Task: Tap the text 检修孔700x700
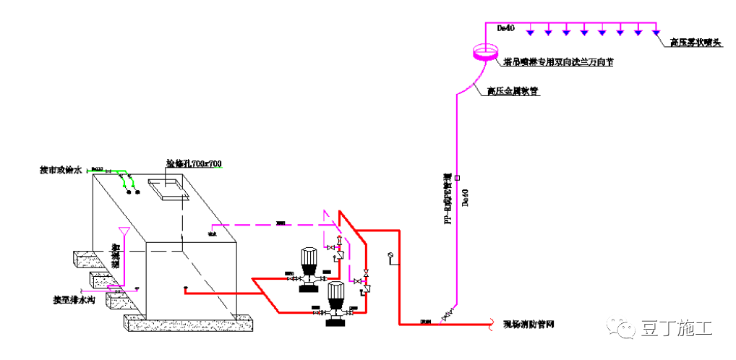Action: coord(194,164)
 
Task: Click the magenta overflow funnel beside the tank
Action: coord(125,233)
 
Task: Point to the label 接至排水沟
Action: coord(74,299)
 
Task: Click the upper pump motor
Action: coord(309,259)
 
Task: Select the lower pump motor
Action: coord(335,294)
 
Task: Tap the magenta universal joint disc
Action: coord(484,52)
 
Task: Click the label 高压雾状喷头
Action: coord(696,43)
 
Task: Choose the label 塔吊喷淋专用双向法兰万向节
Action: coord(557,63)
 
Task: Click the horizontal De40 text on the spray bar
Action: coord(505,28)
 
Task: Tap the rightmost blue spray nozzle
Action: coord(656,31)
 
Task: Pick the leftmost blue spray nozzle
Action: coord(531,31)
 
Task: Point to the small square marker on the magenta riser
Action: coord(458,177)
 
